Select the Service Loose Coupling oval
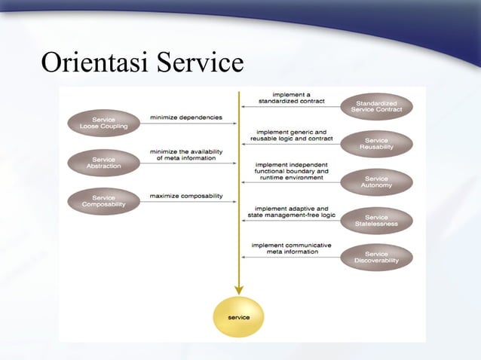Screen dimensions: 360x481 [104, 123]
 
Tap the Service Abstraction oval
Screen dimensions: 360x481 [104, 163]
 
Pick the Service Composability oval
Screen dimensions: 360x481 [104, 201]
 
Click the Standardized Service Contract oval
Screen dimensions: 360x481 [376, 106]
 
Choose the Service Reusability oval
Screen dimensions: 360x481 [376, 144]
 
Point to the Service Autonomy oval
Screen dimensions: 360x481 [376, 182]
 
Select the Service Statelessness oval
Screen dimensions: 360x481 [376, 221]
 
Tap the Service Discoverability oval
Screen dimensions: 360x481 [376, 257]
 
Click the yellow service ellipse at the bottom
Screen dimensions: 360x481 [239, 317]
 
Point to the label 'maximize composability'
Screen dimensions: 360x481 [186, 196]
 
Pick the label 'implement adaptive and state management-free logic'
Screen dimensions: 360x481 [291, 212]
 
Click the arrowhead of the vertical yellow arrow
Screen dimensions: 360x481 [239, 289]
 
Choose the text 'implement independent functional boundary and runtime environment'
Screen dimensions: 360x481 [291, 171]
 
